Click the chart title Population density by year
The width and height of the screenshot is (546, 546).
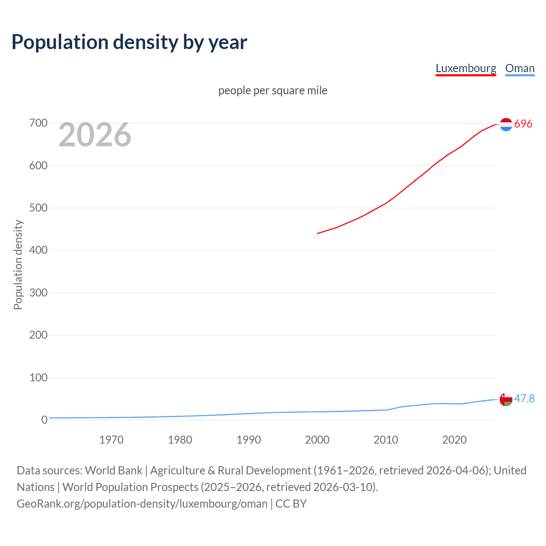[x=129, y=42]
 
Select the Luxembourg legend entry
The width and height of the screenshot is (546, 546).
[x=466, y=68]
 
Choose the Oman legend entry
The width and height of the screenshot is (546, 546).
[x=520, y=68]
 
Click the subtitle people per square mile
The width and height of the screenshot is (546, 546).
[x=273, y=90]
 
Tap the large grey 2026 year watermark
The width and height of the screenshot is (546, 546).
[x=95, y=135]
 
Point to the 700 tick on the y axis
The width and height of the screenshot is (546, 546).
[x=38, y=123]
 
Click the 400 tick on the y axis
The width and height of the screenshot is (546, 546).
[x=38, y=250]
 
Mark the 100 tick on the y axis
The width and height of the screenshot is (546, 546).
[x=38, y=378]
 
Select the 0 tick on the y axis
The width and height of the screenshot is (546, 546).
[x=44, y=420]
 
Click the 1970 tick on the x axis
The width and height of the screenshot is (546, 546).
[x=111, y=440]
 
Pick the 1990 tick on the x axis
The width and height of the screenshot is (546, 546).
[x=249, y=440]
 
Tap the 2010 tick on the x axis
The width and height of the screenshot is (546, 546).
[x=386, y=440]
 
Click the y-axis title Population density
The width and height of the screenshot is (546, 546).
[x=18, y=264]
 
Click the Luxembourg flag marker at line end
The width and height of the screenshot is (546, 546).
[x=506, y=124]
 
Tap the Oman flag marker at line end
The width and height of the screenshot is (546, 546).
[x=506, y=400]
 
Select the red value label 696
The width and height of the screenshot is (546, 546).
[x=523, y=124]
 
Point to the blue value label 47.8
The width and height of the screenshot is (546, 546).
[x=524, y=398]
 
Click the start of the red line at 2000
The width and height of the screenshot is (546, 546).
[x=317, y=233]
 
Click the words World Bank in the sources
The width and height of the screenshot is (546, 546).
[x=113, y=470]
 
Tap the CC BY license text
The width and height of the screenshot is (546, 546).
[x=291, y=504]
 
